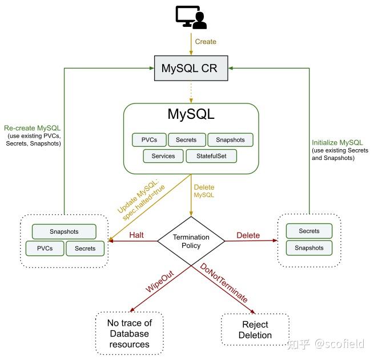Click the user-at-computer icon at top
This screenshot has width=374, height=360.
[191, 17]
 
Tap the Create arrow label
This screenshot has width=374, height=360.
[206, 42]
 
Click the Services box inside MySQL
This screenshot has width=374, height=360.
[163, 156]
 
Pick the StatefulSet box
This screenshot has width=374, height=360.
[211, 156]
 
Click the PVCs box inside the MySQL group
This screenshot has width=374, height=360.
[149, 139]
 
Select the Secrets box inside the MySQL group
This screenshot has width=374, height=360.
[186, 139]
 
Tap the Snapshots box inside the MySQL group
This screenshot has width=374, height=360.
[230, 139]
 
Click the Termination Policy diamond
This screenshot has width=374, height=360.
[191, 242]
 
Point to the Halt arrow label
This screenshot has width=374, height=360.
[136, 235]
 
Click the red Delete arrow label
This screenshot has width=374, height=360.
[248, 235]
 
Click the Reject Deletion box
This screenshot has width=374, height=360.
[255, 329]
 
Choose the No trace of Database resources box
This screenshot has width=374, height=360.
[129, 334]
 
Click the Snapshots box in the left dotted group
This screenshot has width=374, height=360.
[63, 232]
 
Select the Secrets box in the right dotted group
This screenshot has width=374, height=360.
[309, 231]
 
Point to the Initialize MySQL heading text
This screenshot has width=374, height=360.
[337, 142]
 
